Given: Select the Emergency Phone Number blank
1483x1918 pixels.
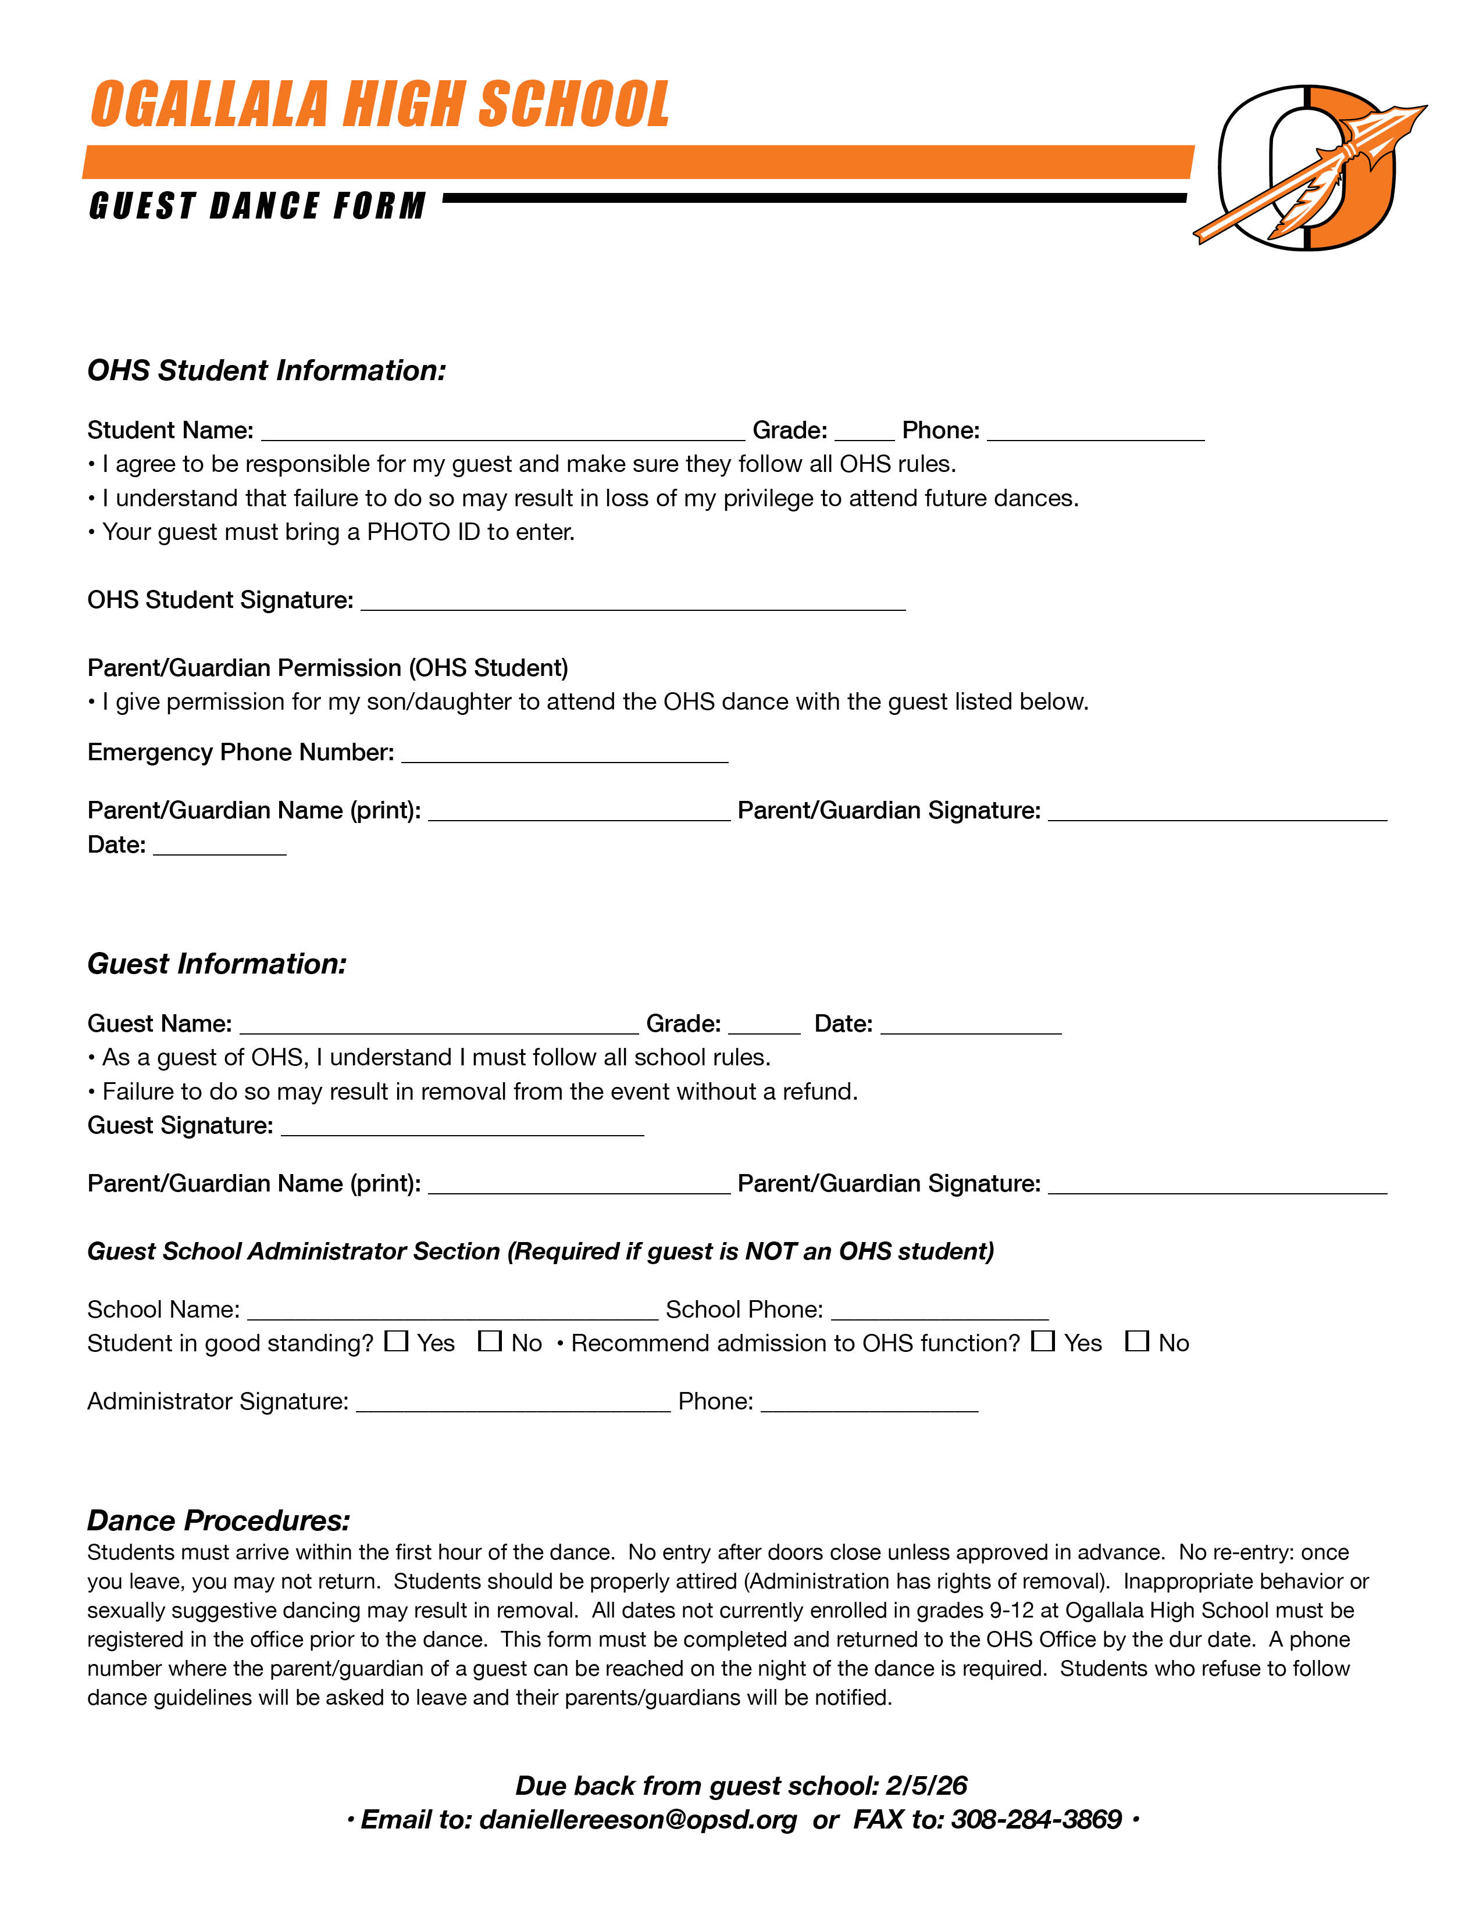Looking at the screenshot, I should tap(564, 755).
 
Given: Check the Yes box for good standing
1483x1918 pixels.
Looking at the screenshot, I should tap(396, 1341).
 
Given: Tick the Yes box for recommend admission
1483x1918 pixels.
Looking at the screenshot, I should tap(1043, 1341).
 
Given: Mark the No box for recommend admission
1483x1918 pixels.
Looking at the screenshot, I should tap(1137, 1341).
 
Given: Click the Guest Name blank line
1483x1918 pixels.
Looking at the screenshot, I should tap(439, 1026).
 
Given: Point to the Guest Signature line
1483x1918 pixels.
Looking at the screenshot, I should tap(462, 1128).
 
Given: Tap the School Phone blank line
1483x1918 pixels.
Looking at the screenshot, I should tap(939, 1311).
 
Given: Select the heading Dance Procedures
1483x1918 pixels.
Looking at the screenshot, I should tap(219, 1520).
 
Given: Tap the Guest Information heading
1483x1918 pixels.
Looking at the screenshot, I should tap(217, 964).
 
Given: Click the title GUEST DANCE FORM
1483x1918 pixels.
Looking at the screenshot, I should tap(258, 206).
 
